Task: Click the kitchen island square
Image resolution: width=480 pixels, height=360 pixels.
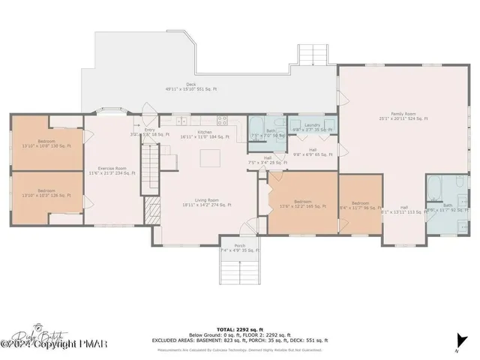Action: [x=214, y=157]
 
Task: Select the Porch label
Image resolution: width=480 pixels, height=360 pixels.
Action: [x=239, y=247]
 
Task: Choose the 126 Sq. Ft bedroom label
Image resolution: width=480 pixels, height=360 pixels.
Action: [x=47, y=193]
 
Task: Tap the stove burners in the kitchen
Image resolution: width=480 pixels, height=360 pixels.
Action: [x=223, y=120]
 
